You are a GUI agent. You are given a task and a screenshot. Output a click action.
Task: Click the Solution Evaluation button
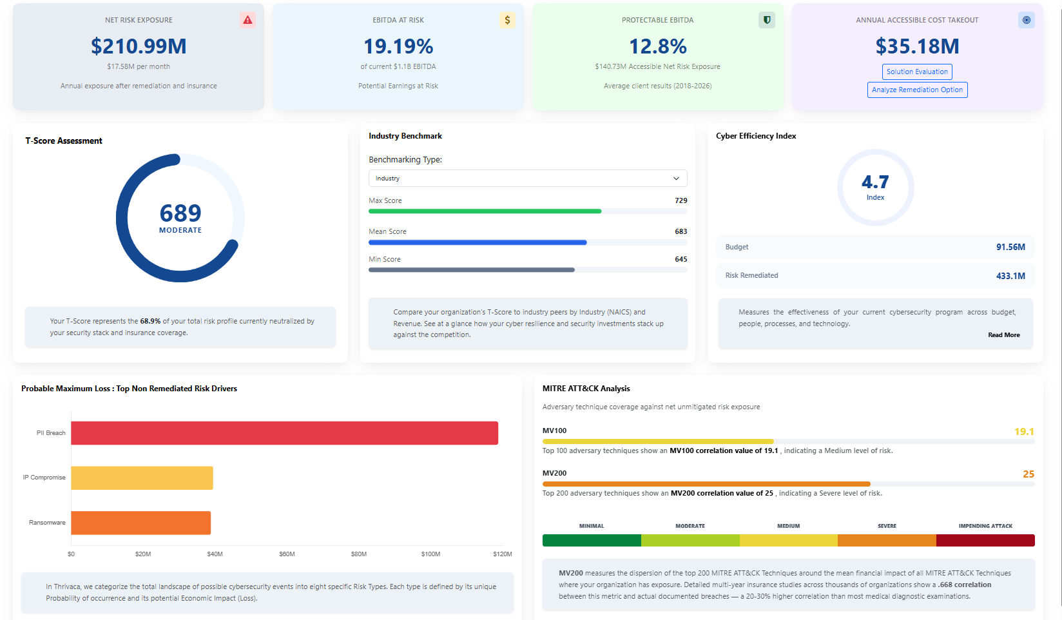click(x=917, y=72)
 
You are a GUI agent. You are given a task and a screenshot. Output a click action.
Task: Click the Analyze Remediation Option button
click(x=917, y=90)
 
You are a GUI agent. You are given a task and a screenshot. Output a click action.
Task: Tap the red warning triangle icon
click(x=247, y=20)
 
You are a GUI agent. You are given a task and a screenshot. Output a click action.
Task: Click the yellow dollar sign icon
click(x=507, y=20)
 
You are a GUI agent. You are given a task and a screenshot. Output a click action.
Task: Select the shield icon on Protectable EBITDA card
click(x=766, y=20)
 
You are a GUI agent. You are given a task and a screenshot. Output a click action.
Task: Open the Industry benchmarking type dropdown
click(x=527, y=179)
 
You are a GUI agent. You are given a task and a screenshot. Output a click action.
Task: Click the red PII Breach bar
click(x=284, y=433)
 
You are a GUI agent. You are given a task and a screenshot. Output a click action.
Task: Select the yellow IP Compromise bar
click(x=142, y=478)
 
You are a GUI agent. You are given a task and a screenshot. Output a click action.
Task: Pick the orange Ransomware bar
click(x=140, y=523)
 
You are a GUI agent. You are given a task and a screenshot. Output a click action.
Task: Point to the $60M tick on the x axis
click(x=287, y=554)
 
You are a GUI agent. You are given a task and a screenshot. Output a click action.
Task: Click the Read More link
click(x=1003, y=335)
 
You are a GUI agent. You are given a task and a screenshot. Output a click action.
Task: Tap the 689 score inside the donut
click(x=180, y=213)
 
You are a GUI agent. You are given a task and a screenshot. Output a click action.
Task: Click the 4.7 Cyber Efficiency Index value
click(x=875, y=182)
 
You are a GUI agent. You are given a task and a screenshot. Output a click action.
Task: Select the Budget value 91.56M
click(x=1010, y=247)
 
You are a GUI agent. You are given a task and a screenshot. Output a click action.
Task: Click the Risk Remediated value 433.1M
click(x=1010, y=276)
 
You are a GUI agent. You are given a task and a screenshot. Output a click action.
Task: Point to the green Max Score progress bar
click(x=485, y=211)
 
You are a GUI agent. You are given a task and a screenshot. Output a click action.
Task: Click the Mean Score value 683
click(x=681, y=231)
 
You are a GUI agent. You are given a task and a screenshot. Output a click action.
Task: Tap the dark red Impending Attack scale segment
click(x=985, y=540)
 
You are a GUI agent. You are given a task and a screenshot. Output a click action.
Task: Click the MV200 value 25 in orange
click(x=1028, y=474)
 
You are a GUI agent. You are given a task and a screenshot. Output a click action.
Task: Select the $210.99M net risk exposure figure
click(x=139, y=46)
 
